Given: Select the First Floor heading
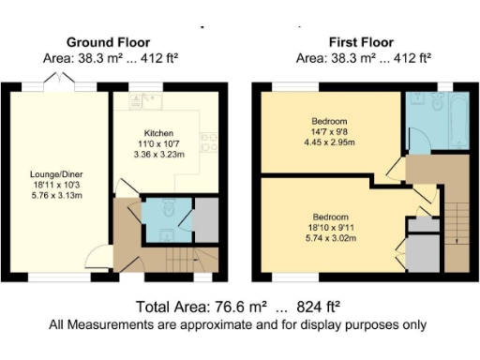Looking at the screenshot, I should [x=361, y=41].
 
